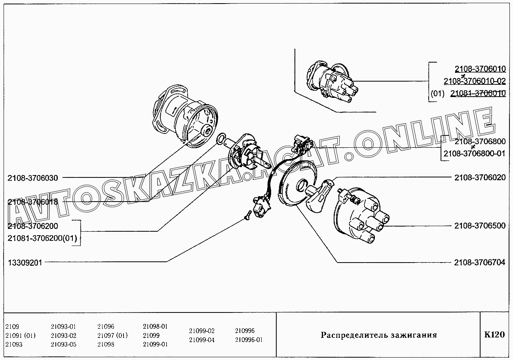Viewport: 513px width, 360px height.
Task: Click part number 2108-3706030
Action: pyautogui.click(x=32, y=178)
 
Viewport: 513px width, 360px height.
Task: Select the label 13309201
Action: pyautogui.click(x=25, y=262)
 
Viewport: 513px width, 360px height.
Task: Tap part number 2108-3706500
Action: pyautogui.click(x=480, y=226)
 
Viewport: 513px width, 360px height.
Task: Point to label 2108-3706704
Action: pyautogui.click(x=480, y=262)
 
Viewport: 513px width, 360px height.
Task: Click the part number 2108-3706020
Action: pyautogui.click(x=480, y=177)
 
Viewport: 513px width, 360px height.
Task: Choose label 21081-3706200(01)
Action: pyautogui.click(x=42, y=238)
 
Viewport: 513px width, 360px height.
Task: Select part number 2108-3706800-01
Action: pyautogui.click(x=474, y=153)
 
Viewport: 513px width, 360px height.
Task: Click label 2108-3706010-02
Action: pyautogui.click(x=475, y=81)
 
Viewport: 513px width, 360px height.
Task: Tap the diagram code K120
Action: pyautogui.click(x=494, y=335)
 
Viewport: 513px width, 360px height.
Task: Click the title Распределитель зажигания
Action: pyautogui.click(x=378, y=335)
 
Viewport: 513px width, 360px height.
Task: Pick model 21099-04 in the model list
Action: pyautogui.click(x=201, y=340)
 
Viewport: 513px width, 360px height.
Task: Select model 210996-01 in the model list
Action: pyautogui.click(x=249, y=340)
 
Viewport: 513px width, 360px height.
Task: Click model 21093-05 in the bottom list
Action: pyautogui.click(x=63, y=344)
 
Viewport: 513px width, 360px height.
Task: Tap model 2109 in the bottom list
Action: pyautogui.click(x=12, y=327)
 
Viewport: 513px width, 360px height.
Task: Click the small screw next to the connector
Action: pyautogui.click(x=247, y=215)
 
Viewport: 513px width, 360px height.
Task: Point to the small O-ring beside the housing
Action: pyautogui.click(x=221, y=138)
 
